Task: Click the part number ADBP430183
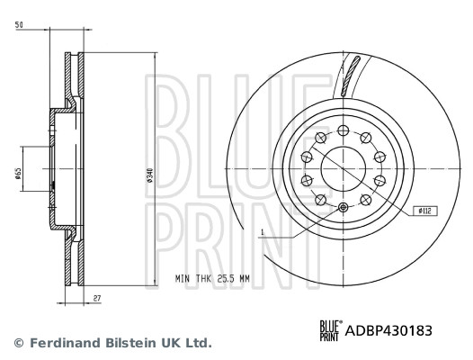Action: point(389,330)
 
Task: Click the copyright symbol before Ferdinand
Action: point(18,343)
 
